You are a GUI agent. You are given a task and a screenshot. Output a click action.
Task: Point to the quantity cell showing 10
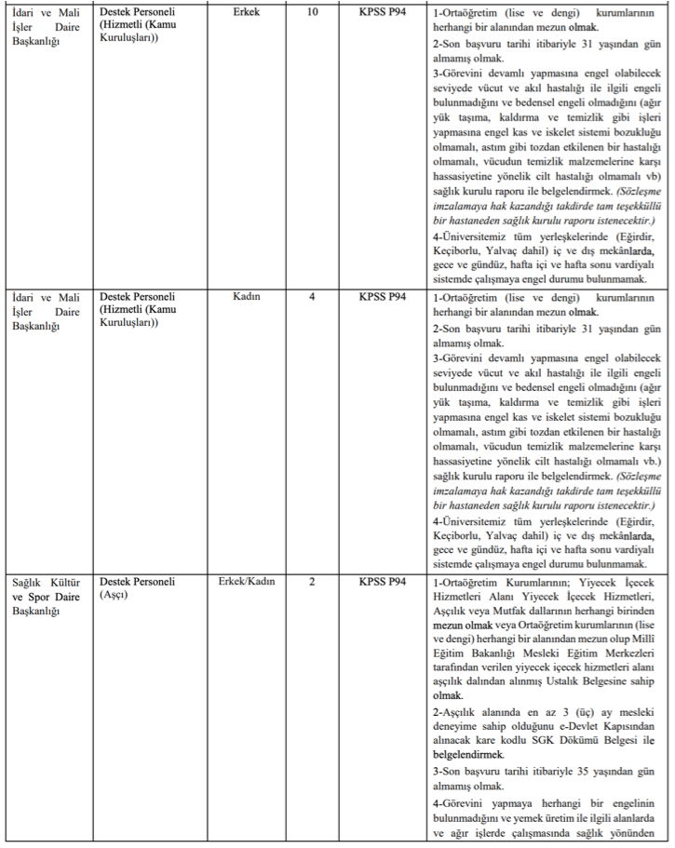[312, 13]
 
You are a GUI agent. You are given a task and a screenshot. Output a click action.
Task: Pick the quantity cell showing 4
[312, 297]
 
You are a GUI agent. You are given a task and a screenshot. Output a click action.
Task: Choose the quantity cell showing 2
[312, 582]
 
